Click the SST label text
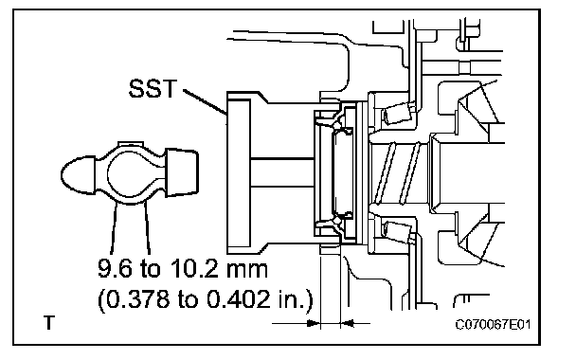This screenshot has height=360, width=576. [x=153, y=88]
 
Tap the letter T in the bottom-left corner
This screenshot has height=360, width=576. [x=49, y=322]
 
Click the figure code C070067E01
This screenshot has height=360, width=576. [x=493, y=325]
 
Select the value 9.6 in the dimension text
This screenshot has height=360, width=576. [x=115, y=268]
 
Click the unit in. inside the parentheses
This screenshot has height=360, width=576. [x=292, y=299]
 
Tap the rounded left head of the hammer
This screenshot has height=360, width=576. [x=78, y=174]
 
